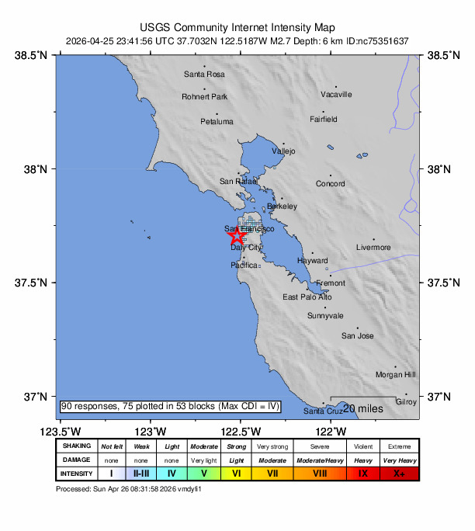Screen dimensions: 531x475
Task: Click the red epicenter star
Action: [237, 237]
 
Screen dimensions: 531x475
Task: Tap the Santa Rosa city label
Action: [204, 75]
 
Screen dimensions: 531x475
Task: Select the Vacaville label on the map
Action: [336, 95]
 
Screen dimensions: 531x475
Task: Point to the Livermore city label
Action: [373, 248]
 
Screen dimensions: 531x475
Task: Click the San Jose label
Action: [358, 336]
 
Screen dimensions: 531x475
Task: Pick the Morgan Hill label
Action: [396, 375]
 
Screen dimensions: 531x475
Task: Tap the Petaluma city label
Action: [217, 122]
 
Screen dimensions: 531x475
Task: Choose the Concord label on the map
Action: [330, 184]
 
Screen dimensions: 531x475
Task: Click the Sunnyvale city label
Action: [325, 316]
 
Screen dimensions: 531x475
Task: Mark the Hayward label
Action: [313, 262]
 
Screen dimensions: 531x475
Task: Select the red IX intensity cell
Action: [362, 474]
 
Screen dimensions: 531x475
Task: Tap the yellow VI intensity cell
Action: [236, 474]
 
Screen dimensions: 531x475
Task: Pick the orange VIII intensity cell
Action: [321, 474]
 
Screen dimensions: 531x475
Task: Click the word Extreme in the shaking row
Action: [400, 446]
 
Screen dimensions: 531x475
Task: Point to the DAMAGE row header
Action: [77, 460]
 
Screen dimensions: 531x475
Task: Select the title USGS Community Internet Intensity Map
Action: [237, 26]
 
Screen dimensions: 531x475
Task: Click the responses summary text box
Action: [170, 407]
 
